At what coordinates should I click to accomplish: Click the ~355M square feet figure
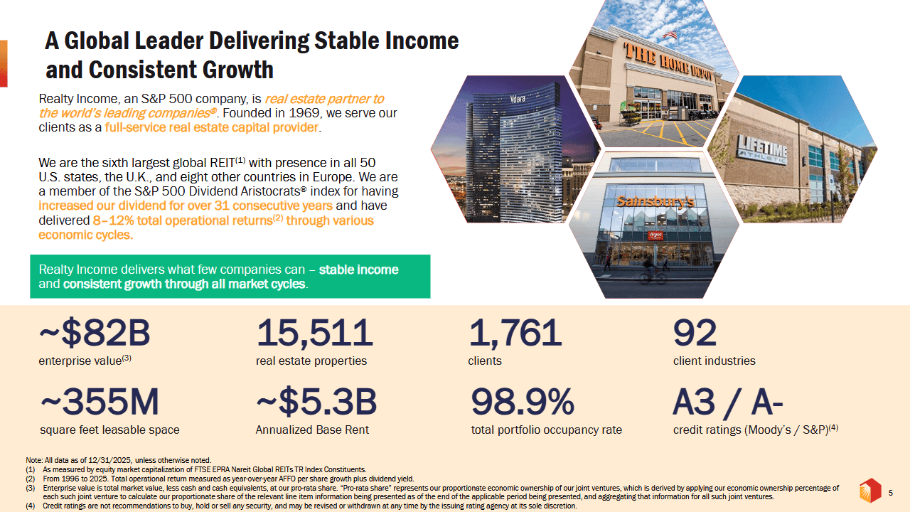coord(100,403)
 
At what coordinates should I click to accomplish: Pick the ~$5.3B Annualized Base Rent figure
coord(316,403)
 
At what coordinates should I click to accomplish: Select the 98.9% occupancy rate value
coord(523,403)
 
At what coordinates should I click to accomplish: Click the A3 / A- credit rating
coord(728,403)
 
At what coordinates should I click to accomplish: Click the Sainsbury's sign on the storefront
coord(655,202)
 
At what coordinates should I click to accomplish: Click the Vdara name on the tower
coord(518,99)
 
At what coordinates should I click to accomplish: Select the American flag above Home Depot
coord(670,34)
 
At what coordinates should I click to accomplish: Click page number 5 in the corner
coord(891,492)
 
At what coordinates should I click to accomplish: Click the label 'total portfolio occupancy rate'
coord(546,430)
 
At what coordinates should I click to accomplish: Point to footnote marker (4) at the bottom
coord(31,506)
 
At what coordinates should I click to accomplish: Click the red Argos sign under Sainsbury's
coord(655,235)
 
